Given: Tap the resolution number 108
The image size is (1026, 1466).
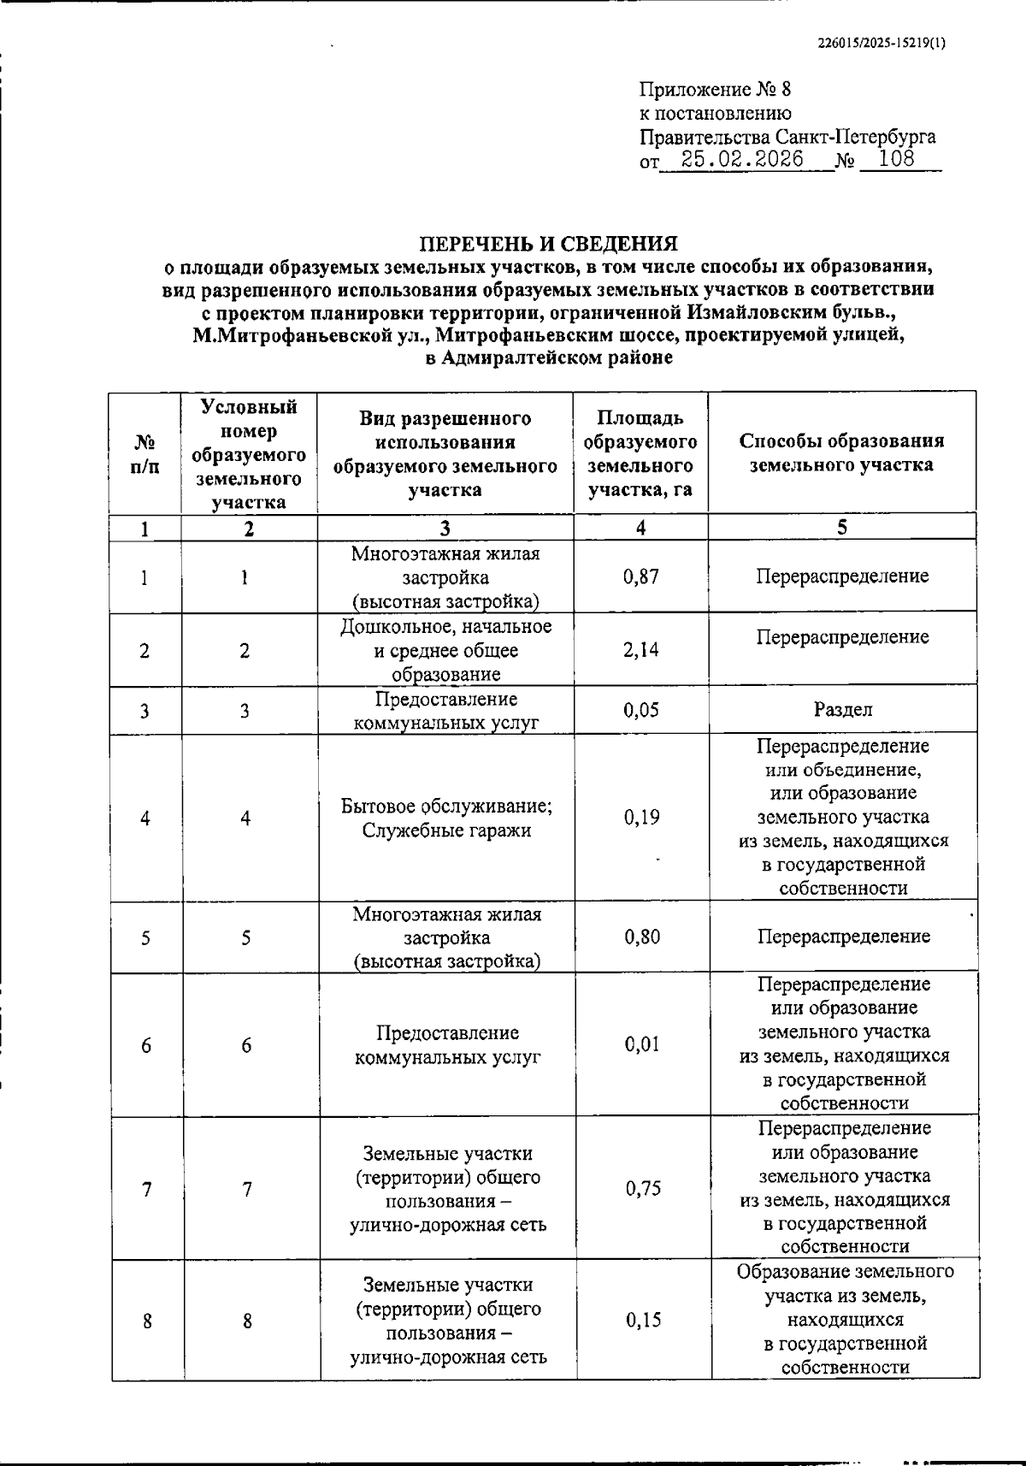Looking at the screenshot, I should (x=896, y=159).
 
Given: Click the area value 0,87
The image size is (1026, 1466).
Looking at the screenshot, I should (x=641, y=576).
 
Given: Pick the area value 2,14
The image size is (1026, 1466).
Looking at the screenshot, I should (x=641, y=650).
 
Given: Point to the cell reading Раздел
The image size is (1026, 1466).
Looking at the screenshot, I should (x=842, y=710).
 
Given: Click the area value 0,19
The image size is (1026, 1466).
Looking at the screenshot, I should (x=641, y=818).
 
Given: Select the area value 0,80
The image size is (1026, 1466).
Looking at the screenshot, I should (x=642, y=937).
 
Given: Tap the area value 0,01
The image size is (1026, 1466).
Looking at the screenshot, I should (x=642, y=1044).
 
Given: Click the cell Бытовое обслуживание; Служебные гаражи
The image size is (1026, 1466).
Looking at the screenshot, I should (x=446, y=819).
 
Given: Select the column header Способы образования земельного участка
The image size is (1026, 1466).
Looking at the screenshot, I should (x=841, y=453).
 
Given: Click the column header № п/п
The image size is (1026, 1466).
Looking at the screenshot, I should (x=145, y=454).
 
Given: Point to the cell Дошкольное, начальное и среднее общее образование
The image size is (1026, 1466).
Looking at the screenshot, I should (x=446, y=650).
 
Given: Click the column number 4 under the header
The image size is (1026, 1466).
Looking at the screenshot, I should (x=640, y=528).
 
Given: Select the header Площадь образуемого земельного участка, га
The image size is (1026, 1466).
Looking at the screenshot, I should (x=640, y=453).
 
